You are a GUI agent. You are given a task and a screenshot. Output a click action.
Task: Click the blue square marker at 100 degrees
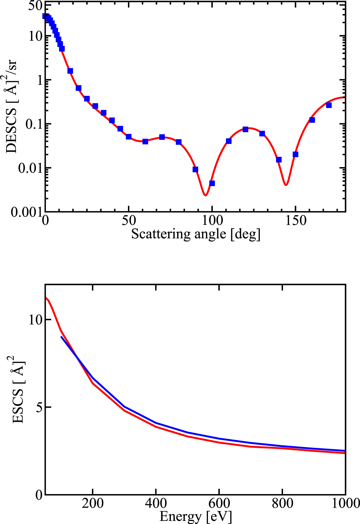[212, 183]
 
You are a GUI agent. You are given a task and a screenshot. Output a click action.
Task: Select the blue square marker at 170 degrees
[329, 105]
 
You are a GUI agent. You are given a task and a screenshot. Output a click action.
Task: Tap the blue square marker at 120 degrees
[245, 129]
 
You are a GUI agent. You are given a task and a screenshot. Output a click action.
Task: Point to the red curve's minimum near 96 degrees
[205, 195]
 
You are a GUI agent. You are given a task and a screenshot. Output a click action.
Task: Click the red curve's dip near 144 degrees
[286, 185]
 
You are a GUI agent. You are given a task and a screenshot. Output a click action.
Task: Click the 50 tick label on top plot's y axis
[35, 6]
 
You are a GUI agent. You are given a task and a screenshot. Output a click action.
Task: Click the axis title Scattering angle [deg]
[196, 234]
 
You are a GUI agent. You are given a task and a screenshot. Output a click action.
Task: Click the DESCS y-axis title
[11, 106]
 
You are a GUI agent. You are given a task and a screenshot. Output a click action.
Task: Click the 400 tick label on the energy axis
[156, 503]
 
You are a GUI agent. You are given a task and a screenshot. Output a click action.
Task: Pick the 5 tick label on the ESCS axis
[40, 407]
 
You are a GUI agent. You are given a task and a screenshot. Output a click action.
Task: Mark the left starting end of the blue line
[61, 337]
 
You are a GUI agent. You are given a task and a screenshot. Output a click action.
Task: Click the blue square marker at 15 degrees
[70, 71]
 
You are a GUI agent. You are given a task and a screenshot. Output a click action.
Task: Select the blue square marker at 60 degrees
[145, 141]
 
